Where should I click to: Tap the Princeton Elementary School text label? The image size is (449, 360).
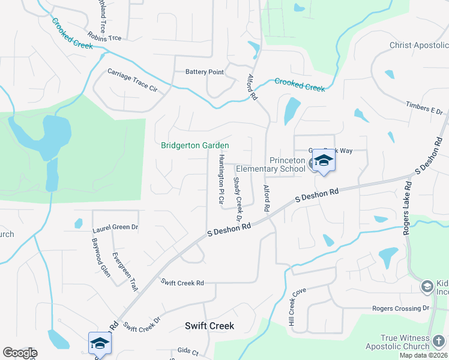[x=288, y=164]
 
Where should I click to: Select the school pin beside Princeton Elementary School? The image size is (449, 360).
[x=324, y=161]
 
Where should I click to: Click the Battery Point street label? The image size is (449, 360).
[x=204, y=72]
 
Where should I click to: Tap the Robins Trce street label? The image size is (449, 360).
[x=104, y=37]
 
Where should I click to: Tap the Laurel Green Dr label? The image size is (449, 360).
[x=115, y=228]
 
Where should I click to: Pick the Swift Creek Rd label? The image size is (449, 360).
[x=182, y=282]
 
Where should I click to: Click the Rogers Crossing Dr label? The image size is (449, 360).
[x=401, y=308]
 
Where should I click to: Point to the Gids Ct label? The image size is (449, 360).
[x=184, y=350]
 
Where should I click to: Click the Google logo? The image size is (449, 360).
[x=19, y=353]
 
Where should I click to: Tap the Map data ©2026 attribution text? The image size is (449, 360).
[x=422, y=355]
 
